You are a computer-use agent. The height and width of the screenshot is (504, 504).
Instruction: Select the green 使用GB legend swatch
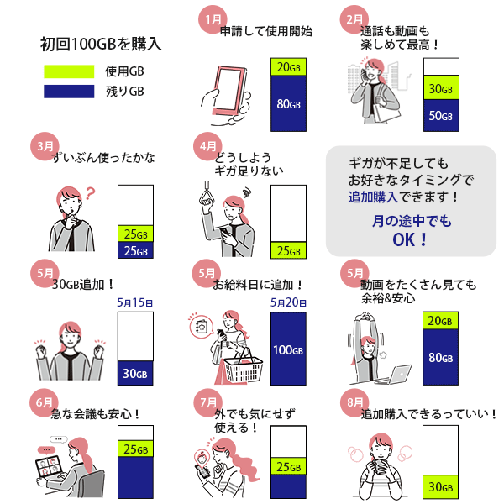pyautogui.click(x=69, y=71)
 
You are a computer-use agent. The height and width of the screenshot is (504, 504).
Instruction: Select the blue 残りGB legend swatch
pyautogui.click(x=69, y=91)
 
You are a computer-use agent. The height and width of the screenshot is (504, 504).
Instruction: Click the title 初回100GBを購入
pyautogui.click(x=101, y=44)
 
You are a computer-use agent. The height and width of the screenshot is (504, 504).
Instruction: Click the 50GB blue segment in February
pyautogui.click(x=441, y=115)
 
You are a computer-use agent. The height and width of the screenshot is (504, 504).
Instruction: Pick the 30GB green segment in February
pyautogui.click(x=441, y=88)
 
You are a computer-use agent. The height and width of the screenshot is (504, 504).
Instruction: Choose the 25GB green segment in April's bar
pyautogui.click(x=288, y=251)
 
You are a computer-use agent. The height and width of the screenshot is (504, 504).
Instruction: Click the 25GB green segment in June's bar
pyautogui.click(x=134, y=449)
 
